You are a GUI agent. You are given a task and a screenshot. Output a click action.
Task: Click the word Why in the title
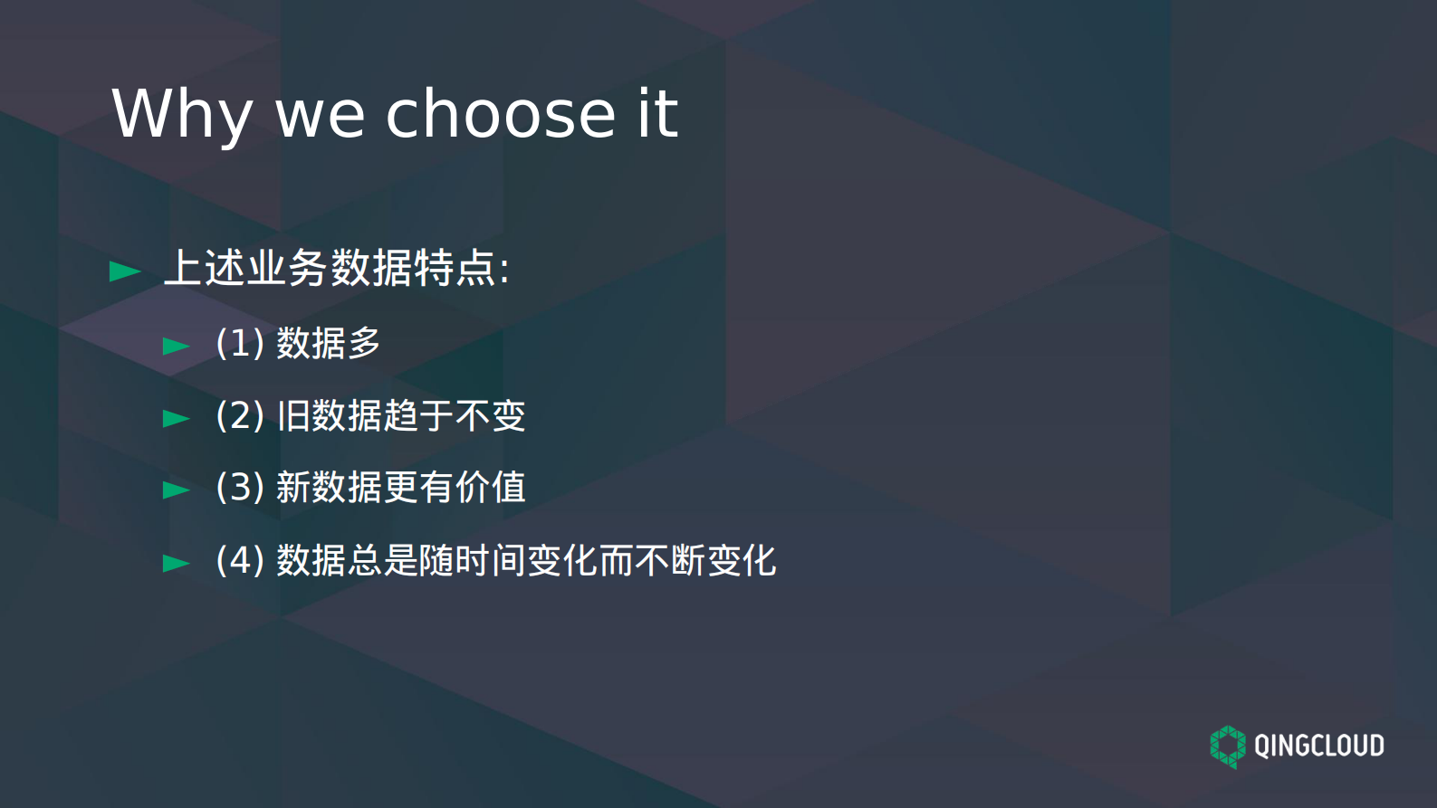[181, 115]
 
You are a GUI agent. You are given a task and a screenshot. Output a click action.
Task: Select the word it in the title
[657, 114]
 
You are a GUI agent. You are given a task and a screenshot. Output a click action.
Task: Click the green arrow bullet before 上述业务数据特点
[125, 271]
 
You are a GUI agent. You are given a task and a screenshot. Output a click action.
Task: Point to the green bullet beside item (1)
[177, 346]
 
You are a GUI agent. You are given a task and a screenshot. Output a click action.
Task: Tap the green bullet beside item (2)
[177, 418]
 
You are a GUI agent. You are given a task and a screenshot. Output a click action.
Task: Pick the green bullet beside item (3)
[177, 490]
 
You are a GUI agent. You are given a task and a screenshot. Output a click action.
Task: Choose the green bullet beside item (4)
[177, 563]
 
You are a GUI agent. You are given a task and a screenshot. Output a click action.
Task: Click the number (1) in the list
[240, 344]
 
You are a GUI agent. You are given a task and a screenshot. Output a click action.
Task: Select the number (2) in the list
[240, 416]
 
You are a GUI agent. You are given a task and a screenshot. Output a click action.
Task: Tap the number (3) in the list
[240, 488]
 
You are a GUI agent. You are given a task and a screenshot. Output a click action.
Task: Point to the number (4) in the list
[240, 561]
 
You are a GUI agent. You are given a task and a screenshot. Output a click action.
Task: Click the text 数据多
[328, 344]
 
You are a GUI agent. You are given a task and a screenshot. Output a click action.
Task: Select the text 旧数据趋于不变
[400, 416]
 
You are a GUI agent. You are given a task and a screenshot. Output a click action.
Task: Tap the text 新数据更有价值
[400, 488]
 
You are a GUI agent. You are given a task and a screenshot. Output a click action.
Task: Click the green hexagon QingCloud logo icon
[1228, 746]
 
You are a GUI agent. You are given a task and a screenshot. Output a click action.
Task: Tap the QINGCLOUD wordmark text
[1318, 746]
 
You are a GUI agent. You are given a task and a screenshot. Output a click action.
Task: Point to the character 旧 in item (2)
[292, 416]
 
